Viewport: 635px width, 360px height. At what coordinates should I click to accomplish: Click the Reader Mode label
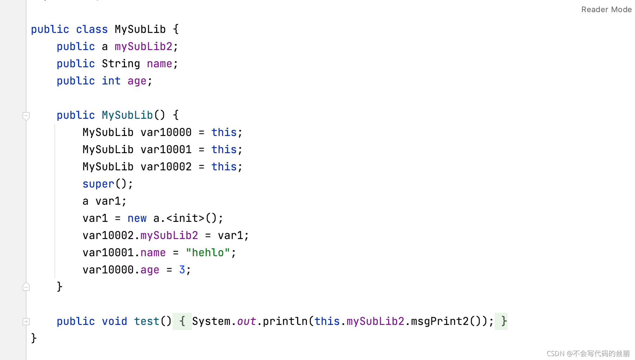click(606, 10)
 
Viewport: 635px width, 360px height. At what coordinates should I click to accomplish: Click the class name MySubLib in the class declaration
click(140, 29)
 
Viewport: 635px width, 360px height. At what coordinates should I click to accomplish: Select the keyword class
click(92, 29)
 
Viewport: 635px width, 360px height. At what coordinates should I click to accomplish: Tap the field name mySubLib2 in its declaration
click(143, 47)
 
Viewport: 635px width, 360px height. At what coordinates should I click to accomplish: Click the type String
click(121, 64)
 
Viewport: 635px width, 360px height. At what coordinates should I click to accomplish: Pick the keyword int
click(111, 81)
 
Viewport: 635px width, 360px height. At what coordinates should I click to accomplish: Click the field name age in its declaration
click(137, 81)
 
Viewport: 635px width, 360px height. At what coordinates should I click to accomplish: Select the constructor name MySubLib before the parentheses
click(127, 115)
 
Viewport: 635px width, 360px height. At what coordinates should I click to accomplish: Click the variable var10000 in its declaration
click(166, 132)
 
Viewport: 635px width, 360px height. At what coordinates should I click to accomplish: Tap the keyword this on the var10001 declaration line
click(224, 150)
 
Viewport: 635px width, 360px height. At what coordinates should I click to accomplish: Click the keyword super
click(98, 184)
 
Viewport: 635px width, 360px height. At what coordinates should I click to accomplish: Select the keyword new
click(137, 218)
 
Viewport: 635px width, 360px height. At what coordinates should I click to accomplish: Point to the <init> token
click(185, 218)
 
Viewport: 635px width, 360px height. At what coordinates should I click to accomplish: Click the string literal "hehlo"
click(208, 253)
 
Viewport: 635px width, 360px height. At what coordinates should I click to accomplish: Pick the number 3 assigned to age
click(182, 270)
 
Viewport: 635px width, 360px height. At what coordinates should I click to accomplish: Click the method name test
click(146, 321)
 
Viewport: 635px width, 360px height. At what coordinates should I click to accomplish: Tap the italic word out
click(246, 321)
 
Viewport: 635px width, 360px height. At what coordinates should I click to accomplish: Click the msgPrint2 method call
click(440, 321)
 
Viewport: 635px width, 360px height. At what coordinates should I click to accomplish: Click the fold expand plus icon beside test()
click(26, 322)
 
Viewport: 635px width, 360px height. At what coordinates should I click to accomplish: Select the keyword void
click(114, 321)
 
